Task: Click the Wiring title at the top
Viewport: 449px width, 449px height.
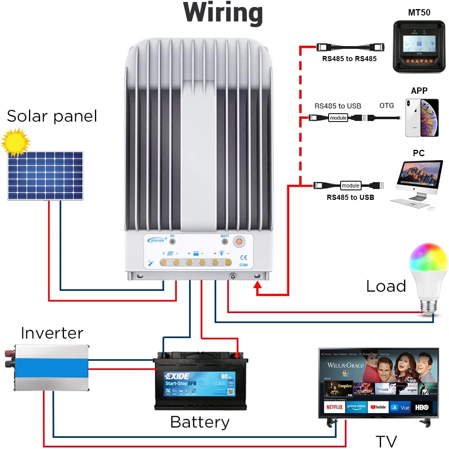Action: tap(223, 13)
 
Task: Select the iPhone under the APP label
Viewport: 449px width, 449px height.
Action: tap(422, 118)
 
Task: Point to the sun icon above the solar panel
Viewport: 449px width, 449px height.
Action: tap(15, 142)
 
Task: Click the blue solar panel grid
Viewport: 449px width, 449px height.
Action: tap(45, 175)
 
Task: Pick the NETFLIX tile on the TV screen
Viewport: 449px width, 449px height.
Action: tap(334, 407)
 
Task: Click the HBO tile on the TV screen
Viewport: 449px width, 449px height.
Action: tap(422, 407)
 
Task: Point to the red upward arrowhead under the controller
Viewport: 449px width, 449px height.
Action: tap(258, 285)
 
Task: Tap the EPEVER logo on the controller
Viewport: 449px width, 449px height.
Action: tap(157, 240)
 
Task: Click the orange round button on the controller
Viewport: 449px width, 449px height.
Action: tap(238, 241)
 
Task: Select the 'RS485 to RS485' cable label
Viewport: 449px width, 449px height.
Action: tap(349, 59)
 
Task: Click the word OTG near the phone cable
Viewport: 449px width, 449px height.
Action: tap(386, 106)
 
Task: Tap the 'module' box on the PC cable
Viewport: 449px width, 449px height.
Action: tap(350, 186)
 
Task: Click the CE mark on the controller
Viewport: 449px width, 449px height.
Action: tap(244, 257)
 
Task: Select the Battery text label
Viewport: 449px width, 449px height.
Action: tap(200, 422)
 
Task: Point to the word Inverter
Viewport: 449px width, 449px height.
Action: tap(52, 333)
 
